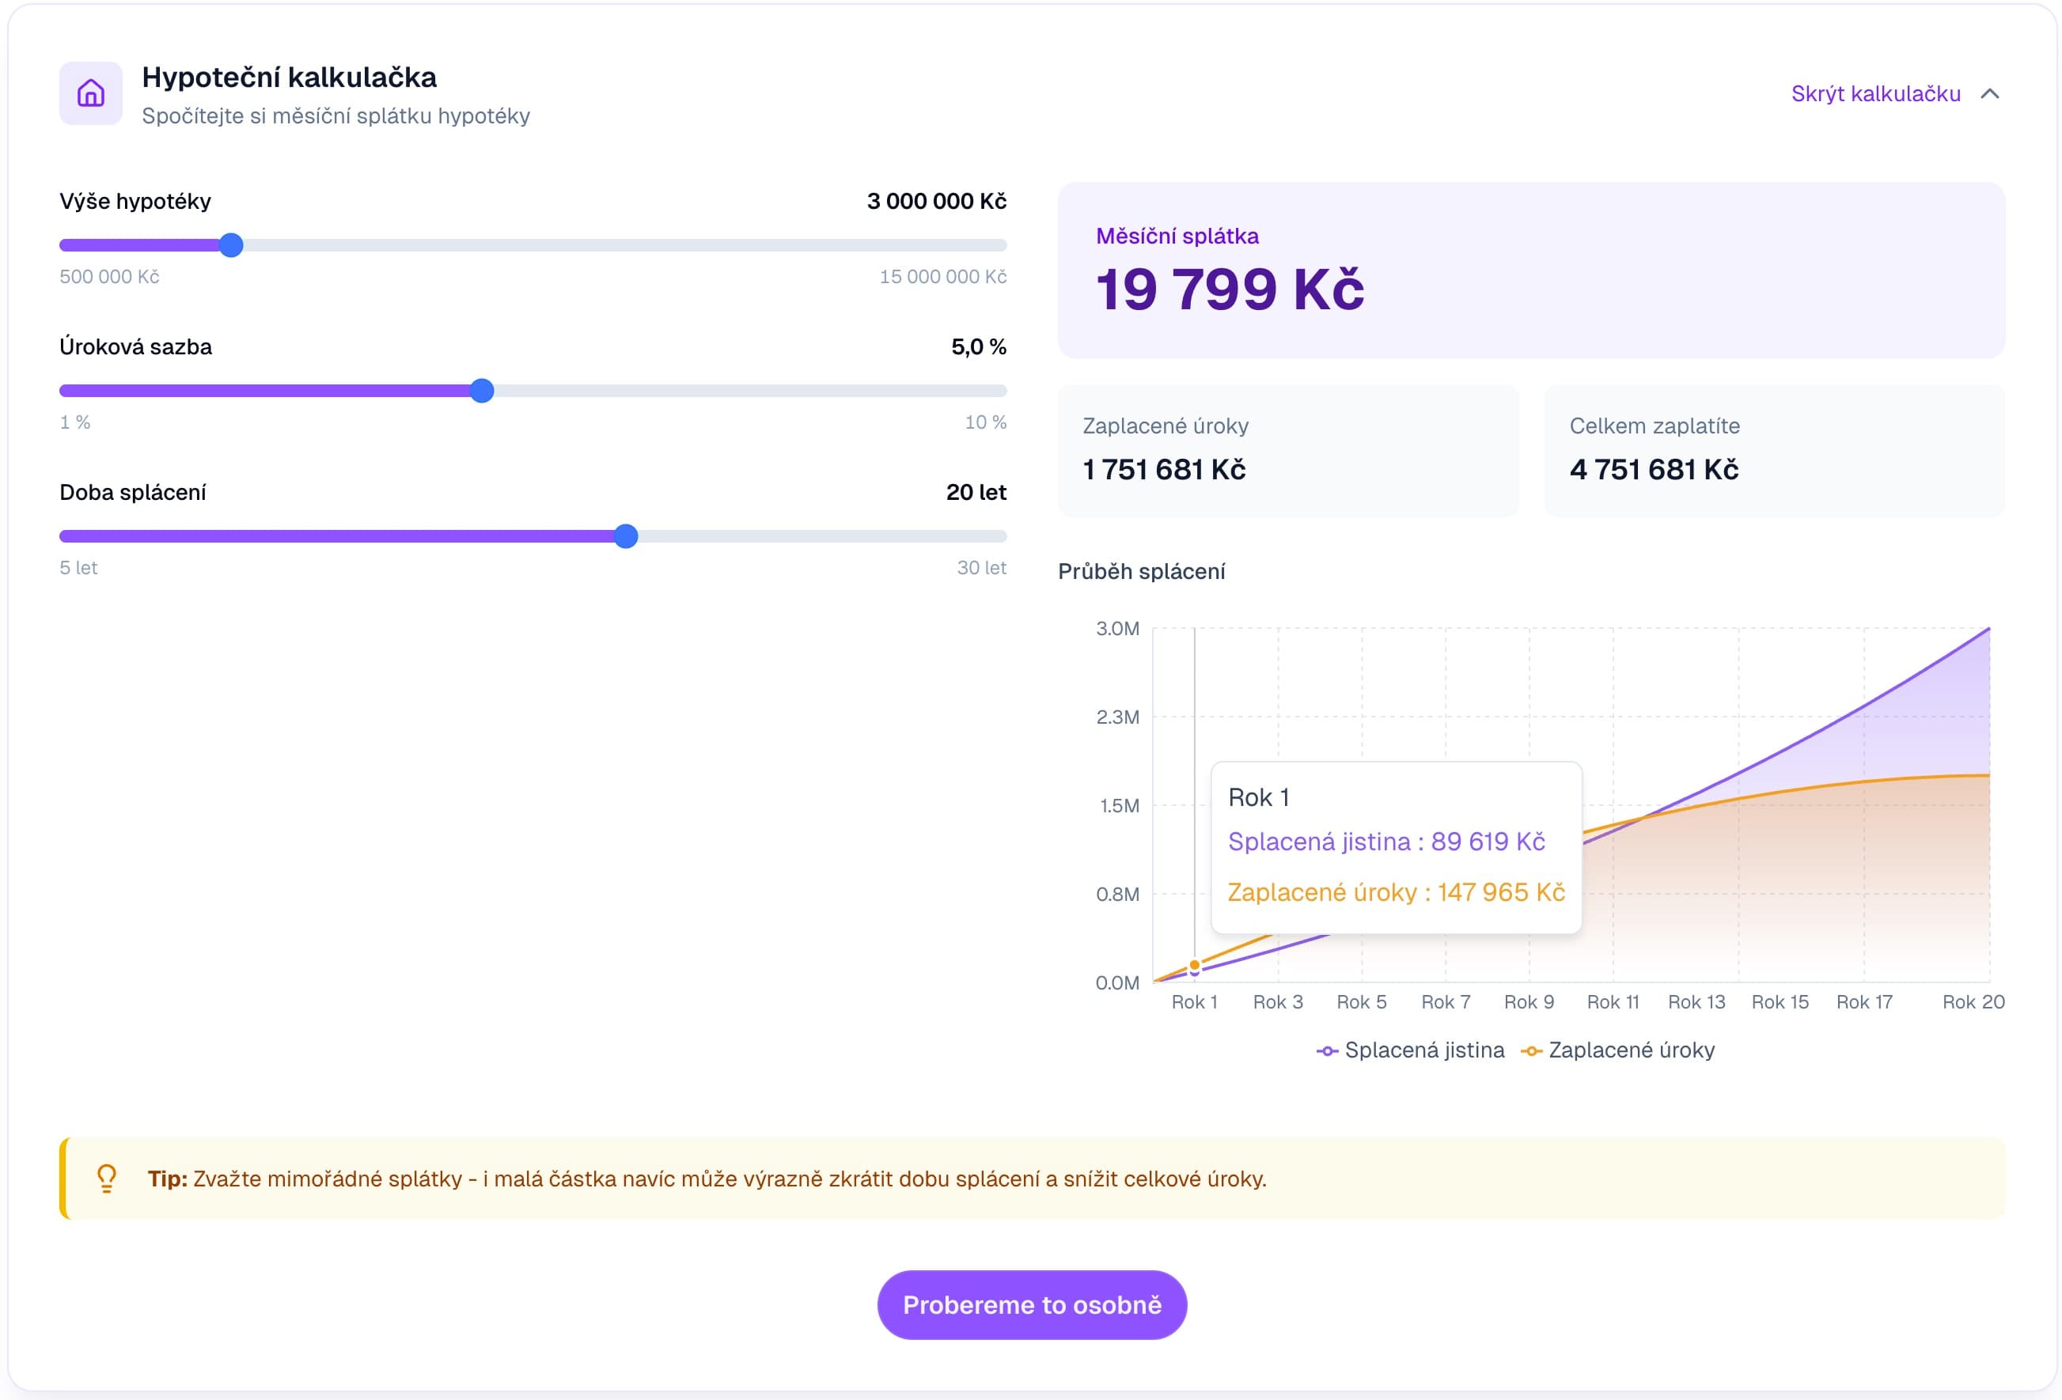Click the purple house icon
click(x=90, y=93)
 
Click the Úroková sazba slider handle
click(x=482, y=391)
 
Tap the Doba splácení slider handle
click(x=626, y=535)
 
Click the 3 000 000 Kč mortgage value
click(x=936, y=202)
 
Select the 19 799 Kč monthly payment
click(x=1229, y=289)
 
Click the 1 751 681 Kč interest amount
click(x=1163, y=469)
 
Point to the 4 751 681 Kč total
click(x=1653, y=469)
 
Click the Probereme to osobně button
click(x=1031, y=1304)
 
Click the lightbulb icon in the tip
click(x=107, y=1179)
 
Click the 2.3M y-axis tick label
click(x=1117, y=717)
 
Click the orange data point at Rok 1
click(x=1194, y=964)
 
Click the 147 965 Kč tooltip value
click(x=1501, y=892)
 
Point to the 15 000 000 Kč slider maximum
click(x=942, y=277)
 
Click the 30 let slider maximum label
click(x=981, y=568)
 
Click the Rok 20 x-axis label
click(x=1973, y=1001)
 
